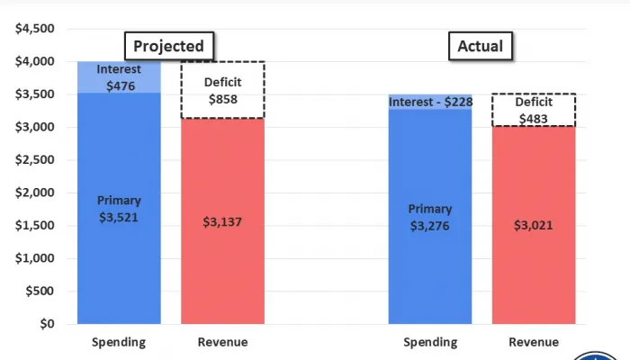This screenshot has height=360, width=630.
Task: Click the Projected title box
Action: pos(169,46)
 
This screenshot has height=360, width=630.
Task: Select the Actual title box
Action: pos(481,46)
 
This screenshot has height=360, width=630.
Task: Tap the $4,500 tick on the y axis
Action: pos(35,29)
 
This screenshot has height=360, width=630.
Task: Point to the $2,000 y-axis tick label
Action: pos(35,193)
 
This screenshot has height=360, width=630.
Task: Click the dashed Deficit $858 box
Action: pos(222,90)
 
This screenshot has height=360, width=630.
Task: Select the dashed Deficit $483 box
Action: pos(534,110)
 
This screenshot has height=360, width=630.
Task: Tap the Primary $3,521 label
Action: pos(119,208)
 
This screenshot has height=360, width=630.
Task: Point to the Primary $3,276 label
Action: pos(429,217)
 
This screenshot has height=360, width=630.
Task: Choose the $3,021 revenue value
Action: pos(534,225)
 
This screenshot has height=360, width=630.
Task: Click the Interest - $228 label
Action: pos(430,102)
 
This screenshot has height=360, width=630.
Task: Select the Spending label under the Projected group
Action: pos(119,342)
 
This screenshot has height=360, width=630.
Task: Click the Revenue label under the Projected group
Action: pos(222,342)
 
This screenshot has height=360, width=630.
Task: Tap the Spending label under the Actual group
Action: pos(430,342)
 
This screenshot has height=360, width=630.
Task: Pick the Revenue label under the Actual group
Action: pos(534,342)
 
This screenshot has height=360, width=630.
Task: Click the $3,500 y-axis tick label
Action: pos(35,94)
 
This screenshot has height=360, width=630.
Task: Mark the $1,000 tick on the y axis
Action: pos(35,258)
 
